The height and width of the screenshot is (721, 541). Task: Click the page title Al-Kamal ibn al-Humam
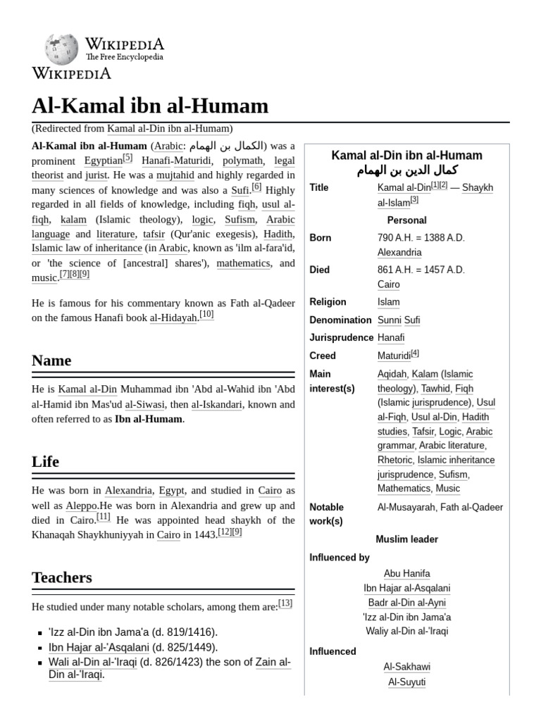click(x=150, y=106)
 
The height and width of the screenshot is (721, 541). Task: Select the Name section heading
click(x=51, y=360)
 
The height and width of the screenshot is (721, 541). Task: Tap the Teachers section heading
click(x=62, y=577)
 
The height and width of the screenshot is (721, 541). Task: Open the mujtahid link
click(x=173, y=175)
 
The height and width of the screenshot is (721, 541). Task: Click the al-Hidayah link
click(x=173, y=318)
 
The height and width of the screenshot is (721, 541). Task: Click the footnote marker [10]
click(x=206, y=315)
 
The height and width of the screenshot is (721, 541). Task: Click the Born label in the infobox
click(x=320, y=238)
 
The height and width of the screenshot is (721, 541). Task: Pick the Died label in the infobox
click(x=319, y=270)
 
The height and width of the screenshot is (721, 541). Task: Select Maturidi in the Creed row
click(x=394, y=356)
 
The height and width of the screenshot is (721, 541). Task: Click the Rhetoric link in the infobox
click(x=395, y=460)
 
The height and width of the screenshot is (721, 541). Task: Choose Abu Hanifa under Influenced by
click(x=406, y=573)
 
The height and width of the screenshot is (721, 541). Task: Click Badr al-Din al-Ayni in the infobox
click(x=406, y=603)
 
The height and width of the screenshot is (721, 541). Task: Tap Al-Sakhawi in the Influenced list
click(x=406, y=667)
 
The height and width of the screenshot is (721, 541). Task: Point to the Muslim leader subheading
click(x=406, y=539)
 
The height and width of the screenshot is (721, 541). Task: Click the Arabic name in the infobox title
click(x=406, y=171)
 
